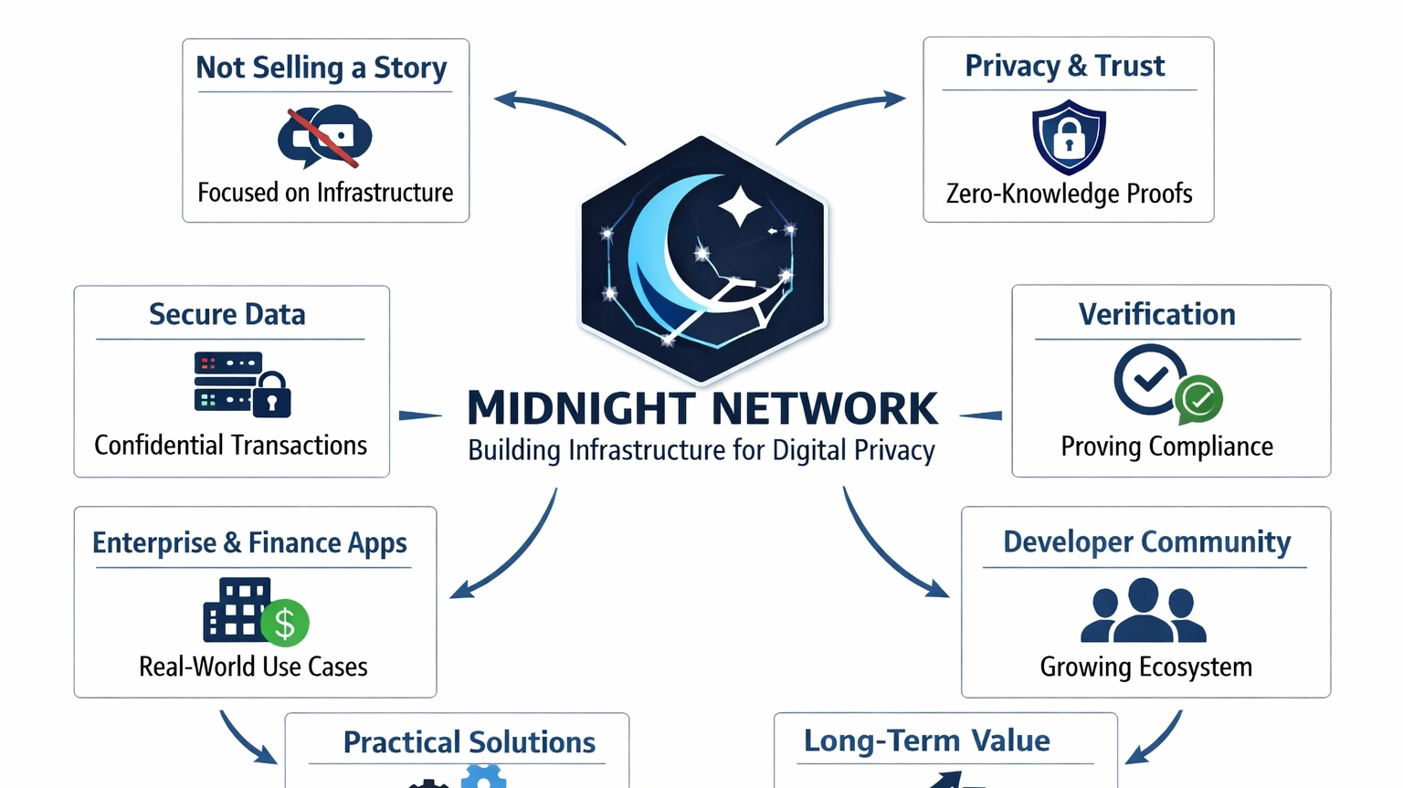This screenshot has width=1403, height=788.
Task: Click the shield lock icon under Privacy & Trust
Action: click(x=1069, y=137)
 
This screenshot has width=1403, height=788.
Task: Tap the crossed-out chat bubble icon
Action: click(x=324, y=138)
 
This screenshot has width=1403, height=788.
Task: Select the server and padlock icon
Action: click(x=241, y=384)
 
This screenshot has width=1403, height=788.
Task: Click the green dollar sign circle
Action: click(x=285, y=623)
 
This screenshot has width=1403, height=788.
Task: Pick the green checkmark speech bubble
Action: click(x=1198, y=399)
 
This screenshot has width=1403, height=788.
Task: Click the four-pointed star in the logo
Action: click(x=740, y=205)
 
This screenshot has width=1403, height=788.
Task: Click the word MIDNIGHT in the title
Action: click(x=581, y=409)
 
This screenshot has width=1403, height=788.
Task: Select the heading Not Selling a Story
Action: click(x=322, y=68)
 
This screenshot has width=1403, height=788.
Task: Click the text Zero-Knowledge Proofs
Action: click(x=1069, y=194)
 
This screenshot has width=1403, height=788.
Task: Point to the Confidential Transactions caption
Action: click(x=230, y=446)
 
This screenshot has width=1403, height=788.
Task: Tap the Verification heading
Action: click(x=1156, y=314)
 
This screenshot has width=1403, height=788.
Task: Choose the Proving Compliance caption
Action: click(x=1166, y=447)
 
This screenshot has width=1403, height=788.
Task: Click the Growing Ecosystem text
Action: click(x=1145, y=667)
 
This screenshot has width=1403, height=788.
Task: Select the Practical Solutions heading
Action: click(x=469, y=742)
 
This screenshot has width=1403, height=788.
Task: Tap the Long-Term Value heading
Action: click(x=926, y=741)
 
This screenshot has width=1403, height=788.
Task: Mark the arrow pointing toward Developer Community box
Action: click(x=891, y=548)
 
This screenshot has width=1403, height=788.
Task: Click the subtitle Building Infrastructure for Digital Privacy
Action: click(x=701, y=451)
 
